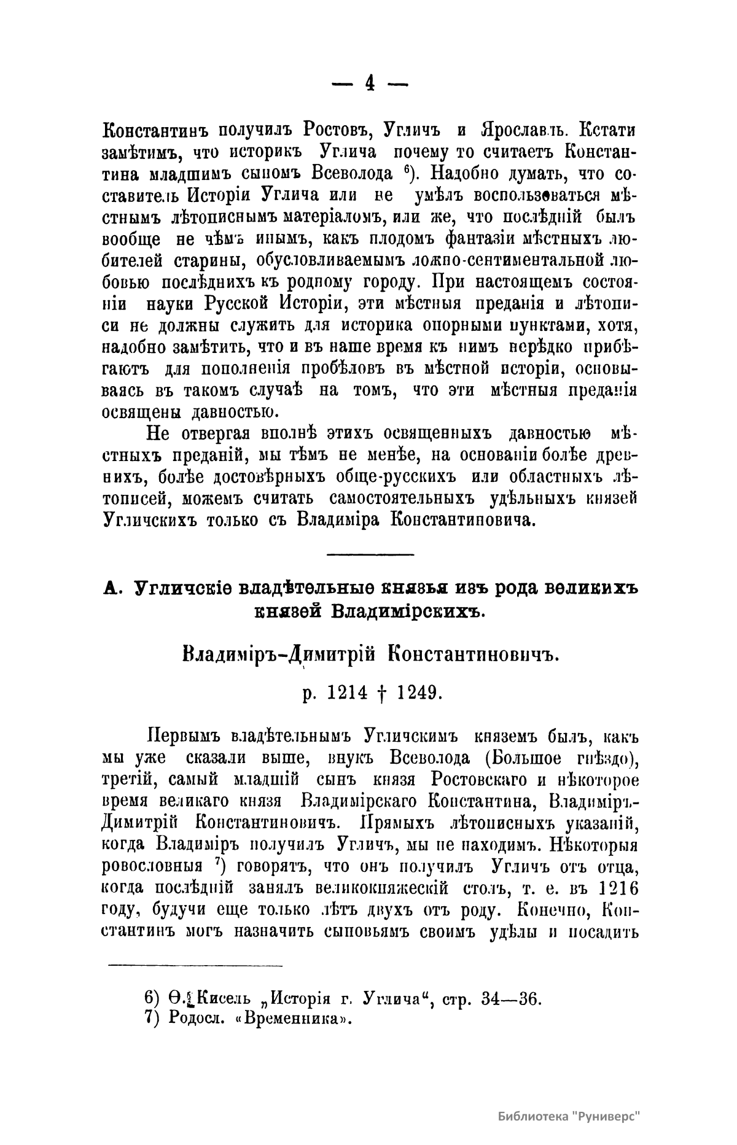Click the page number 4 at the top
click(x=369, y=83)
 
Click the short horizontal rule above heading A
click(x=369, y=556)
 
